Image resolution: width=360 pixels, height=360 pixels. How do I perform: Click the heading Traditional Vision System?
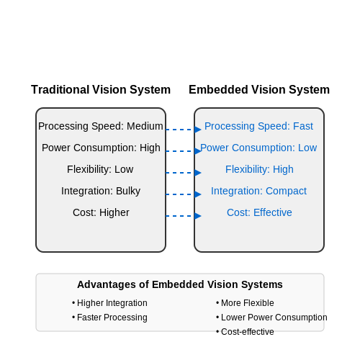[x=101, y=90]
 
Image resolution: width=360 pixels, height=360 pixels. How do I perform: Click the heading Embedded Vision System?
[x=259, y=90]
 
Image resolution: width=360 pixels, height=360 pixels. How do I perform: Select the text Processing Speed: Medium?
[x=101, y=126]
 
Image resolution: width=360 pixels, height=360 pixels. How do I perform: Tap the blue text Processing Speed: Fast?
[x=258, y=126]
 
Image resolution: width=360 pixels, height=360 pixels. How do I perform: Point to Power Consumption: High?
[x=101, y=148]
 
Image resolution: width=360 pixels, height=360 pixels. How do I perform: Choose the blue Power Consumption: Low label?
[x=258, y=148]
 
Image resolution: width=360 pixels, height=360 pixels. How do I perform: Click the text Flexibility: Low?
[x=100, y=169]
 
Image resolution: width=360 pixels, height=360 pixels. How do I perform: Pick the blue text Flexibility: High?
[x=259, y=169]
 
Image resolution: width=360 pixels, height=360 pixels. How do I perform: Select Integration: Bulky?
[x=101, y=191]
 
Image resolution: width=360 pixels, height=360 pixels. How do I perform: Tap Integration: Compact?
[x=258, y=191]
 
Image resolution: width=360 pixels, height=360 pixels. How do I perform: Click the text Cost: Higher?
[x=101, y=212]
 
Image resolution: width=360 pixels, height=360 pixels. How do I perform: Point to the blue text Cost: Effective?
[x=259, y=212]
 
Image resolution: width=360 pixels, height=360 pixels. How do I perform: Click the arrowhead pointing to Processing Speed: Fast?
[x=198, y=130]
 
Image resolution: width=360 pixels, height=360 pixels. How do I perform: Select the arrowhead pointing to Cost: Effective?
[x=198, y=216]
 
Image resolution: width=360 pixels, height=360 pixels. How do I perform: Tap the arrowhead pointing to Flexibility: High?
[x=198, y=173]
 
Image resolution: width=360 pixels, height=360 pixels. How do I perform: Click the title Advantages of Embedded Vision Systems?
[x=180, y=284]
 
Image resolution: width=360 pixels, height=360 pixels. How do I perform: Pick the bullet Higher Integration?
[x=109, y=303]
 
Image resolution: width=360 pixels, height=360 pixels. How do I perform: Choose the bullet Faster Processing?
[x=109, y=318]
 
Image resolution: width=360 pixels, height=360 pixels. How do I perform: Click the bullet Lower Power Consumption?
[x=271, y=318]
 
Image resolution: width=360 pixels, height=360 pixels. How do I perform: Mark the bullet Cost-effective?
[x=245, y=332]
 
